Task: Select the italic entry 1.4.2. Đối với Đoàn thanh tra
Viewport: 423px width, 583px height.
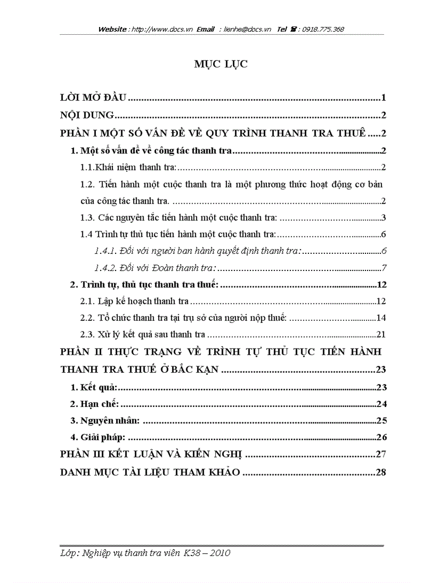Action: (155, 268)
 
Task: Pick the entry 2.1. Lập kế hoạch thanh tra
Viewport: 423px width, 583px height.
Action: (134, 301)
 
